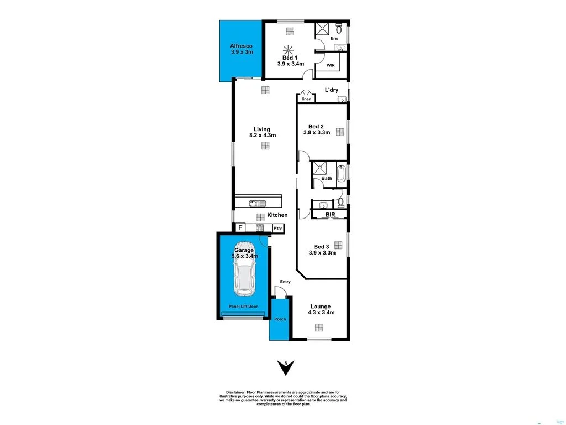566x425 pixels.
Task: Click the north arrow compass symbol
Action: pos(286,367)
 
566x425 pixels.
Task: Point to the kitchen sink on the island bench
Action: pos(258,203)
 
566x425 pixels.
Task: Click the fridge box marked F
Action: pos(240,227)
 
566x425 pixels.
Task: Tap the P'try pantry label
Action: pos(277,228)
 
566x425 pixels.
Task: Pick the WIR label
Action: pos(331,65)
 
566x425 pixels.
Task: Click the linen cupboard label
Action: pos(306,99)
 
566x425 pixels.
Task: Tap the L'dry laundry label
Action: pos(331,90)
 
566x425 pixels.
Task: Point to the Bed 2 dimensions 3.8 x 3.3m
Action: pos(317,133)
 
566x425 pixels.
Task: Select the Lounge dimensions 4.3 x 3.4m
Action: pos(320,313)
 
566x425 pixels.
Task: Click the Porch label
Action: pos(280,319)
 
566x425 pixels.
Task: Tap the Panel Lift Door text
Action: pos(243,306)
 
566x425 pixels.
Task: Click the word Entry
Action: pos(285,282)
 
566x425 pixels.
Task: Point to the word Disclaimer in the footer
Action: pos(230,391)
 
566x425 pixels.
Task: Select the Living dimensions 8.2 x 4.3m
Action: pos(263,135)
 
